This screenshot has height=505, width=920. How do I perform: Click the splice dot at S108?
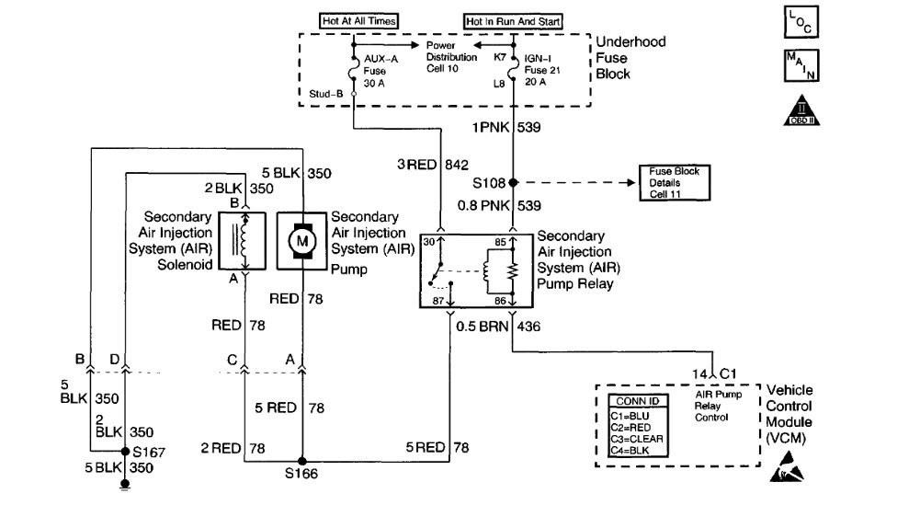click(x=513, y=181)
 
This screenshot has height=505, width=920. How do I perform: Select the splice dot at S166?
click(x=301, y=462)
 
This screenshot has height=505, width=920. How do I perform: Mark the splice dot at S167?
click(x=125, y=451)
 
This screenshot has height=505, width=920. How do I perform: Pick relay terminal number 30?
click(x=428, y=243)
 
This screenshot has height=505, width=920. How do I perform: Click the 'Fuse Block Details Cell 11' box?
click(x=675, y=182)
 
